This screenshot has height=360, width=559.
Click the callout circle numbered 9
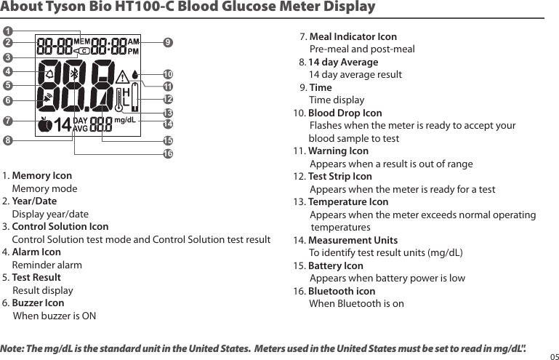(168, 43)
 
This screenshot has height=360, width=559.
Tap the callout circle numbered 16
(168, 153)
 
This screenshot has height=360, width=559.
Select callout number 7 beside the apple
(9, 119)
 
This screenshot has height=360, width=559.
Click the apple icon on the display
(45, 124)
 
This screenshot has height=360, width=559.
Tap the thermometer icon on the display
(118, 99)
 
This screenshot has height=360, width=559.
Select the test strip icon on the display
(135, 99)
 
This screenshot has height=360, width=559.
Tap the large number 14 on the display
(63, 124)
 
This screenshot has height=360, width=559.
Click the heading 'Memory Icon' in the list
(42, 176)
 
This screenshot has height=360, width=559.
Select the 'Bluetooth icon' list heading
(342, 291)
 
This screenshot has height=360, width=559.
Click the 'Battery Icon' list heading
(336, 265)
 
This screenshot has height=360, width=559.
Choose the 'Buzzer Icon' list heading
(38, 303)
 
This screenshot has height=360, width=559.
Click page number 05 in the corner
(553, 356)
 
